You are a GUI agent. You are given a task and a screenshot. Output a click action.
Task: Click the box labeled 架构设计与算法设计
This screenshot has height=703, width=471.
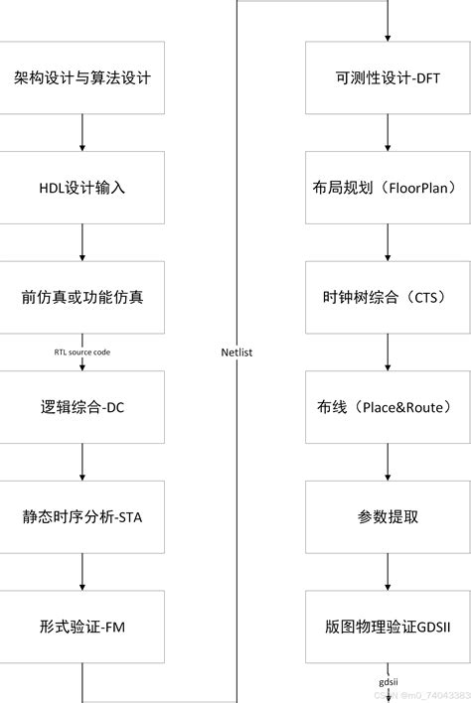pyautogui.click(x=82, y=77)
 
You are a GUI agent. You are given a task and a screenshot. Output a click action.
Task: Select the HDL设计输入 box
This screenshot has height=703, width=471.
pyautogui.click(x=82, y=188)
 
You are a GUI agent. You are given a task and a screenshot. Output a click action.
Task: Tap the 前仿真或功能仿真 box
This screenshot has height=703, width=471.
pyautogui.click(x=82, y=297)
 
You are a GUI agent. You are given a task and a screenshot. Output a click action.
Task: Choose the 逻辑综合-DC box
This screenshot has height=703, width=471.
pyautogui.click(x=82, y=407)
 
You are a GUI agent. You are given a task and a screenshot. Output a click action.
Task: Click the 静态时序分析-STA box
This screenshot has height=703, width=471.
pyautogui.click(x=82, y=516)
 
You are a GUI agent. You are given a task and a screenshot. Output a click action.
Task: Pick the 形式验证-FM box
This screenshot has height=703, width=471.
pyautogui.click(x=82, y=627)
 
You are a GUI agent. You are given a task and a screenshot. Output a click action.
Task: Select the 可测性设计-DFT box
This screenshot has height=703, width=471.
pyautogui.click(x=388, y=77)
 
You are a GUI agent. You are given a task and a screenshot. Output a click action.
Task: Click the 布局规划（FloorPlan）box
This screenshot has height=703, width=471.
pyautogui.click(x=388, y=188)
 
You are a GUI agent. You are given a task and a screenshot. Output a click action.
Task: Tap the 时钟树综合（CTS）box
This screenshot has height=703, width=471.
pyautogui.click(x=388, y=297)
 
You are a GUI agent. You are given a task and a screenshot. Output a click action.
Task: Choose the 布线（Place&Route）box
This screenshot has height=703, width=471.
pyautogui.click(x=388, y=407)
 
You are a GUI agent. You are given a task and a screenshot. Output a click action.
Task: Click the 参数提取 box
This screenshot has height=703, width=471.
pyautogui.click(x=388, y=516)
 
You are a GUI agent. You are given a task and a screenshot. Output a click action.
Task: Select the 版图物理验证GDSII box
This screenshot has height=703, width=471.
pyautogui.click(x=388, y=627)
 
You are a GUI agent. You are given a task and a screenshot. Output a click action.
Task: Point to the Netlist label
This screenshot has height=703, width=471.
pyautogui.click(x=237, y=351)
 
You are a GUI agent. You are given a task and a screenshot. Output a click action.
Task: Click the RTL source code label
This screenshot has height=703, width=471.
pyautogui.click(x=82, y=351)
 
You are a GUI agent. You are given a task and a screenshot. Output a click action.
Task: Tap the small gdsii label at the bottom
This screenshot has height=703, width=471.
pyautogui.click(x=388, y=682)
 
